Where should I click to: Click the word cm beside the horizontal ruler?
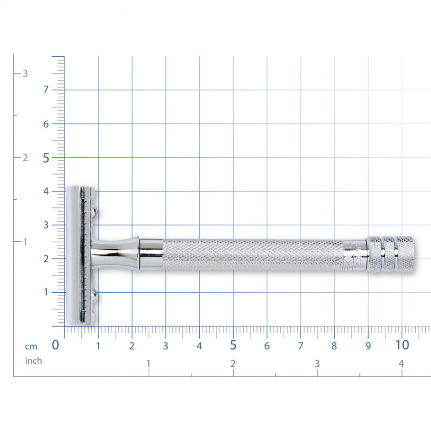click(31, 347)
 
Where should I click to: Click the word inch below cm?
click(33, 361)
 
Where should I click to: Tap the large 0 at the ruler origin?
click(55, 345)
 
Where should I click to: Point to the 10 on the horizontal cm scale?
click(402, 345)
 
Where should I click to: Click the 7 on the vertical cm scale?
click(47, 90)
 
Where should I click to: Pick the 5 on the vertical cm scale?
click(46, 158)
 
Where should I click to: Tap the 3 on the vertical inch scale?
click(25, 73)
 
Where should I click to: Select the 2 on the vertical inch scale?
click(25, 158)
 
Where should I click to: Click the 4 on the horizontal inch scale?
click(401, 364)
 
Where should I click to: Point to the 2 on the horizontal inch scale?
click(233, 364)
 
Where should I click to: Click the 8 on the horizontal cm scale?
click(334, 347)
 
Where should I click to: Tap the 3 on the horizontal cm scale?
click(165, 347)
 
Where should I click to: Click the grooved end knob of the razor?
click(391, 254)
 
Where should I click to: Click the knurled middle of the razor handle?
click(253, 255)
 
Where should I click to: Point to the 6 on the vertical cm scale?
click(47, 124)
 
